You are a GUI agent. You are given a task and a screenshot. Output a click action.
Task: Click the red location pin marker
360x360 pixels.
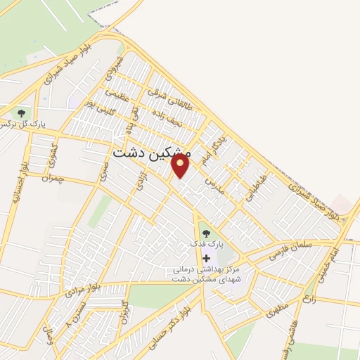pos(181,166)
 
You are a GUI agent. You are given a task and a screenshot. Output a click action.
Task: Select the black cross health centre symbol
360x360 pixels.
pos(206,258)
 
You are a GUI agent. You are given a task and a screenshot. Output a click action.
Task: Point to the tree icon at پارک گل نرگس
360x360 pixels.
pos(21,112)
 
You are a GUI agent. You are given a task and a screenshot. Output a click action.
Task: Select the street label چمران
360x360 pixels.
pos(51,180)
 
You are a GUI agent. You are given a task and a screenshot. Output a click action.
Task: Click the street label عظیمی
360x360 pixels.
pos(117,94)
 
